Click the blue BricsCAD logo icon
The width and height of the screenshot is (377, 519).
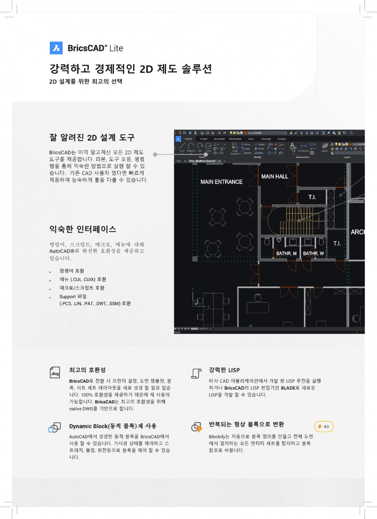pyautogui.click(x=56, y=48)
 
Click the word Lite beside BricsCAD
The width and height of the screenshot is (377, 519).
pyautogui.click(x=116, y=48)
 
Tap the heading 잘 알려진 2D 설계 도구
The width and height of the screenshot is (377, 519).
pyautogui.click(x=92, y=138)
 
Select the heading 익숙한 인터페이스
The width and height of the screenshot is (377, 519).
pyautogui.click(x=83, y=229)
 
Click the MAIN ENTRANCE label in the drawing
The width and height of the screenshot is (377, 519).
pyautogui.click(x=221, y=182)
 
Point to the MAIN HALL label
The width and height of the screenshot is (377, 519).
pyautogui.click(x=274, y=177)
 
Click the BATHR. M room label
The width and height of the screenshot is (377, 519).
pyautogui.click(x=286, y=253)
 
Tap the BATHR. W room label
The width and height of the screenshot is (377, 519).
pyautogui.click(x=313, y=253)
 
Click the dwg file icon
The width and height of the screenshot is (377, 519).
pyautogui.click(x=55, y=372)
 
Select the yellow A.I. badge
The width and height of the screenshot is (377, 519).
pyautogui.click(x=324, y=427)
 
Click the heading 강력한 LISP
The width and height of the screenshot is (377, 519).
pyautogui.click(x=224, y=370)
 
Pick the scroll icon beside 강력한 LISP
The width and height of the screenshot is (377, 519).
pyautogui.click(x=196, y=373)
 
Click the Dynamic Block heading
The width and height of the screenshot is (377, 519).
pyautogui.click(x=113, y=426)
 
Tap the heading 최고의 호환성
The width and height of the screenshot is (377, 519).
pyautogui.click(x=87, y=370)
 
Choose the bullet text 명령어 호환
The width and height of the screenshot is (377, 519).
pyautogui.click(x=72, y=271)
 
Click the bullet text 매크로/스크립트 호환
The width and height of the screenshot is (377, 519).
pyautogui.click(x=82, y=288)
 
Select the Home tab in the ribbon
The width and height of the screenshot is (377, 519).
pyautogui.click(x=188, y=139)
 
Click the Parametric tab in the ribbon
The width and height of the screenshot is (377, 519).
pyautogui.click(x=235, y=139)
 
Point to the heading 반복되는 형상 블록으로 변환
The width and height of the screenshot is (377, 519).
pyautogui.click(x=247, y=424)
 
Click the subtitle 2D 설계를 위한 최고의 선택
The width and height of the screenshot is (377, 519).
pyautogui.click(x=86, y=81)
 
